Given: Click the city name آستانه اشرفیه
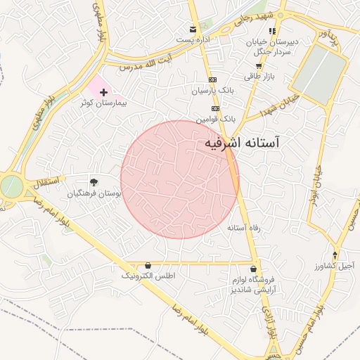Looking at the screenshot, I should pyautogui.click(x=242, y=143).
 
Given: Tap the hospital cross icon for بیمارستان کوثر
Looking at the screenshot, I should pyautogui.click(x=104, y=92).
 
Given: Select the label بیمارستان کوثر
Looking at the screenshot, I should pyautogui.click(x=99, y=103).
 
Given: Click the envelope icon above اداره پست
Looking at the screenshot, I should pyautogui.click(x=192, y=30).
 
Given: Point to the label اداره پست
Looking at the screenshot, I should pyautogui.click(x=195, y=40).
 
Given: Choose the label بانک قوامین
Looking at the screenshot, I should pyautogui.click(x=213, y=120).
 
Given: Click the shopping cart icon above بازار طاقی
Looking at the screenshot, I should pyautogui.click(x=258, y=66).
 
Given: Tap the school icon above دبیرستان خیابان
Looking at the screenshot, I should pyautogui.click(x=272, y=31).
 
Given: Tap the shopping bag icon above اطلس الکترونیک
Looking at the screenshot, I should pyautogui.click(x=148, y=265).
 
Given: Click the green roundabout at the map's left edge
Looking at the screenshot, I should pyautogui.click(x=10, y=186).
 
